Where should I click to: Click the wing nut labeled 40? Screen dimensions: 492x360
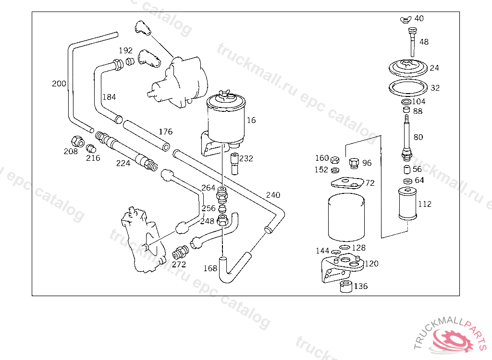tap(406, 20)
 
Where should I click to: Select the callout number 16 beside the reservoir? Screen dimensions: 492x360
tap(251, 120)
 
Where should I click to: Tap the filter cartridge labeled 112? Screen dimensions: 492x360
tap(407, 204)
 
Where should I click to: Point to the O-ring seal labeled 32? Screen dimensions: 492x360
tap(408, 87)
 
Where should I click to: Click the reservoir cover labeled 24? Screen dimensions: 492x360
tap(408, 68)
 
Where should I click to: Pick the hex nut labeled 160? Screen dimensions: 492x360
tap(335, 159)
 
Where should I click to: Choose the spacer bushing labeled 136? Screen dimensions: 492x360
tap(346, 287)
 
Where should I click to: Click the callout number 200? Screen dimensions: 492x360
tap(59, 84)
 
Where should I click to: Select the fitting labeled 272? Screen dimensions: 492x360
tap(180, 252)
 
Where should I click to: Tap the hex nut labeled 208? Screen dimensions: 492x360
tap(77, 142)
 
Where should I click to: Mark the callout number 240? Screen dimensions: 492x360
tap(273, 195)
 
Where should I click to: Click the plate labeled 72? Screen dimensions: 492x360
tap(347, 183)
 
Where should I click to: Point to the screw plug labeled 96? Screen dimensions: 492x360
tap(354, 163)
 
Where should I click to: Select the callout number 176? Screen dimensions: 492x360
tap(165, 132)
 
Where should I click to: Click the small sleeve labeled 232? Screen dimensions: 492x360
tap(234, 164)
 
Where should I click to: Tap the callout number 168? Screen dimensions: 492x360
tap(210, 268)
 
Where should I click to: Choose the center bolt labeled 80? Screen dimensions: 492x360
tap(406, 138)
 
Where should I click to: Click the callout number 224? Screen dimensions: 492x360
tap(123, 163)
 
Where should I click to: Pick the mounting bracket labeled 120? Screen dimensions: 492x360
tap(342, 267)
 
